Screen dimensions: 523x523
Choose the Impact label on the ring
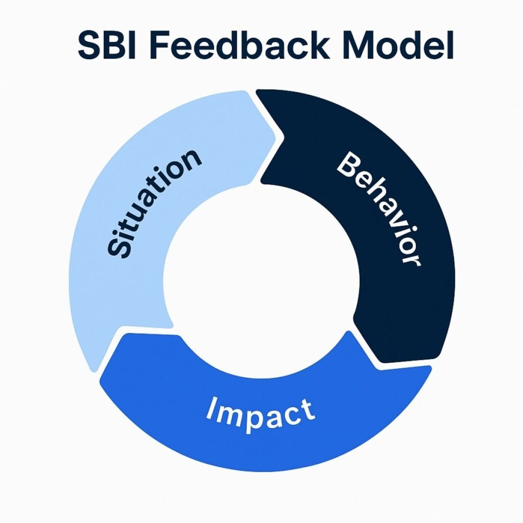260,414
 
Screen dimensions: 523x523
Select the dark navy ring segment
409,286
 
